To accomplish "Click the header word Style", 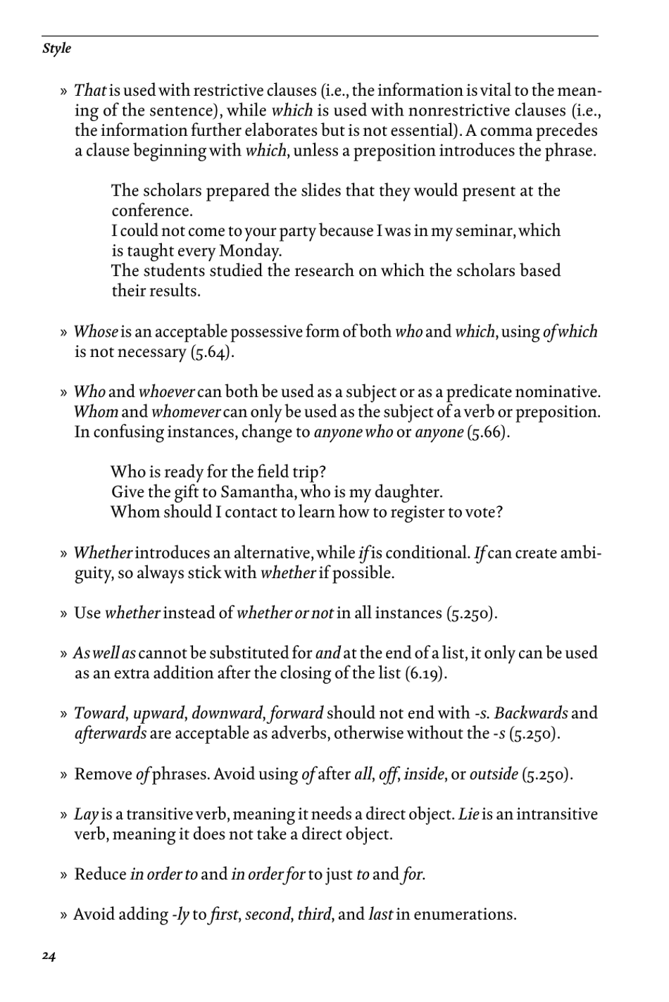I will coord(56,49).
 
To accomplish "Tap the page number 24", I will coord(49,956).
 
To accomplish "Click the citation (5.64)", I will coord(212,352).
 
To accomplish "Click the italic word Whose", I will coord(96,332).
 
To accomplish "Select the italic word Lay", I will coord(86,815).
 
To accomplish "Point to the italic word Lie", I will coord(469,815).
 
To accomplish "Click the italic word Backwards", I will coord(531,713).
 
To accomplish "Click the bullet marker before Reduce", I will coord(63,875).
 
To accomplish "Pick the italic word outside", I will coord(494,775).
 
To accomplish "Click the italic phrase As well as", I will coord(104,653).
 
